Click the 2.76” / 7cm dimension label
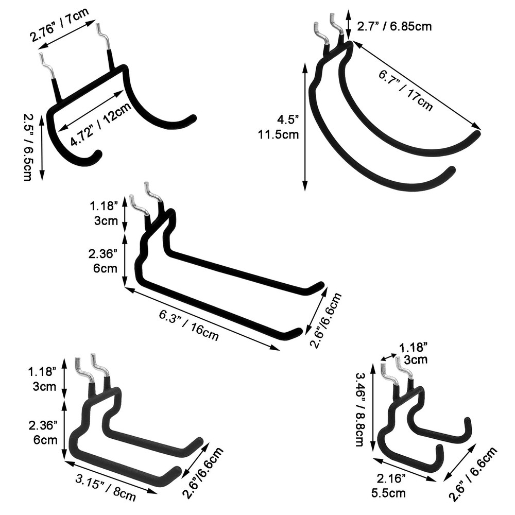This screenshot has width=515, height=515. (x=59, y=25)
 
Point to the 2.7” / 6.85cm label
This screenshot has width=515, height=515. (x=394, y=26)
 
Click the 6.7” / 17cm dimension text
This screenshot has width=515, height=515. (x=406, y=90)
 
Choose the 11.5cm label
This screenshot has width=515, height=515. (x=279, y=134)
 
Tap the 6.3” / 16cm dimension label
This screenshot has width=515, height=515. (x=189, y=325)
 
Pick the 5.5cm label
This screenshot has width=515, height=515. (x=388, y=493)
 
